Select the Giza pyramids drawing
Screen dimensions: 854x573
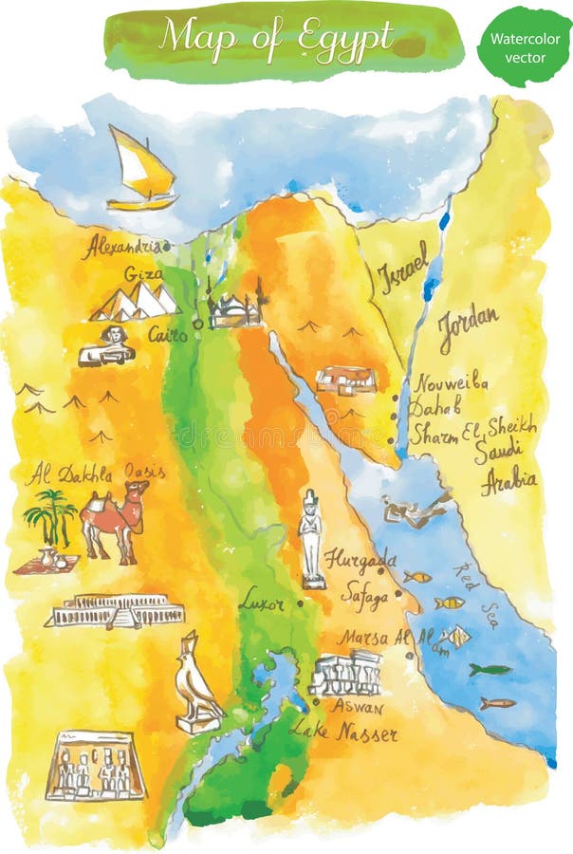[136, 302]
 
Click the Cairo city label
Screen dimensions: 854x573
[167, 334]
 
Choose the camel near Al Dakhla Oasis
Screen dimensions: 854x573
[115, 518]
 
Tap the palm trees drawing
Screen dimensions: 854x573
[51, 517]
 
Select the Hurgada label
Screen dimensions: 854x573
[360, 559]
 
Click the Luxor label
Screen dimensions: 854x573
[261, 601]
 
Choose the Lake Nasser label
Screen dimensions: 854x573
[342, 732]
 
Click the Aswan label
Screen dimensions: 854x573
[357, 707]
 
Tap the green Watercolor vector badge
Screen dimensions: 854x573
[525, 46]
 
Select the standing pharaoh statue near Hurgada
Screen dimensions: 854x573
[312, 538]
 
